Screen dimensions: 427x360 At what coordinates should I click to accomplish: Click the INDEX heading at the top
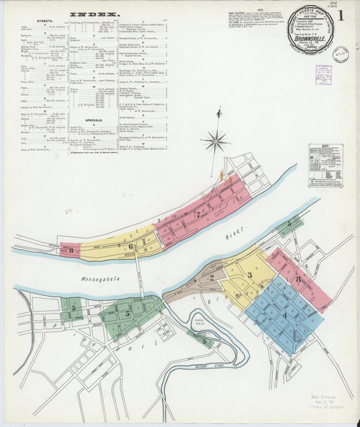coord(95,14)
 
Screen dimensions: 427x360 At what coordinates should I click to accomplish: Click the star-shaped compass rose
coord(216,141)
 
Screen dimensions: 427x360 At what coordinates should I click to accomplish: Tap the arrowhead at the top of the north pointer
coord(219,112)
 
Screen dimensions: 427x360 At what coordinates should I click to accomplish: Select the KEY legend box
coord(326,165)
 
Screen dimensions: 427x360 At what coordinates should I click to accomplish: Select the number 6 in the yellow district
coord(131,247)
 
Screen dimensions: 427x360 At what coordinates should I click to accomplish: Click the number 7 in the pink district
coord(197,216)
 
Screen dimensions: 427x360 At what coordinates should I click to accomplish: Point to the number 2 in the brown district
coord(211,277)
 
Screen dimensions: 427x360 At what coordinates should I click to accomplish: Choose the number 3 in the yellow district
coord(249,274)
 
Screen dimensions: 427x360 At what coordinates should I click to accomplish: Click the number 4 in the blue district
coord(284,314)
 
